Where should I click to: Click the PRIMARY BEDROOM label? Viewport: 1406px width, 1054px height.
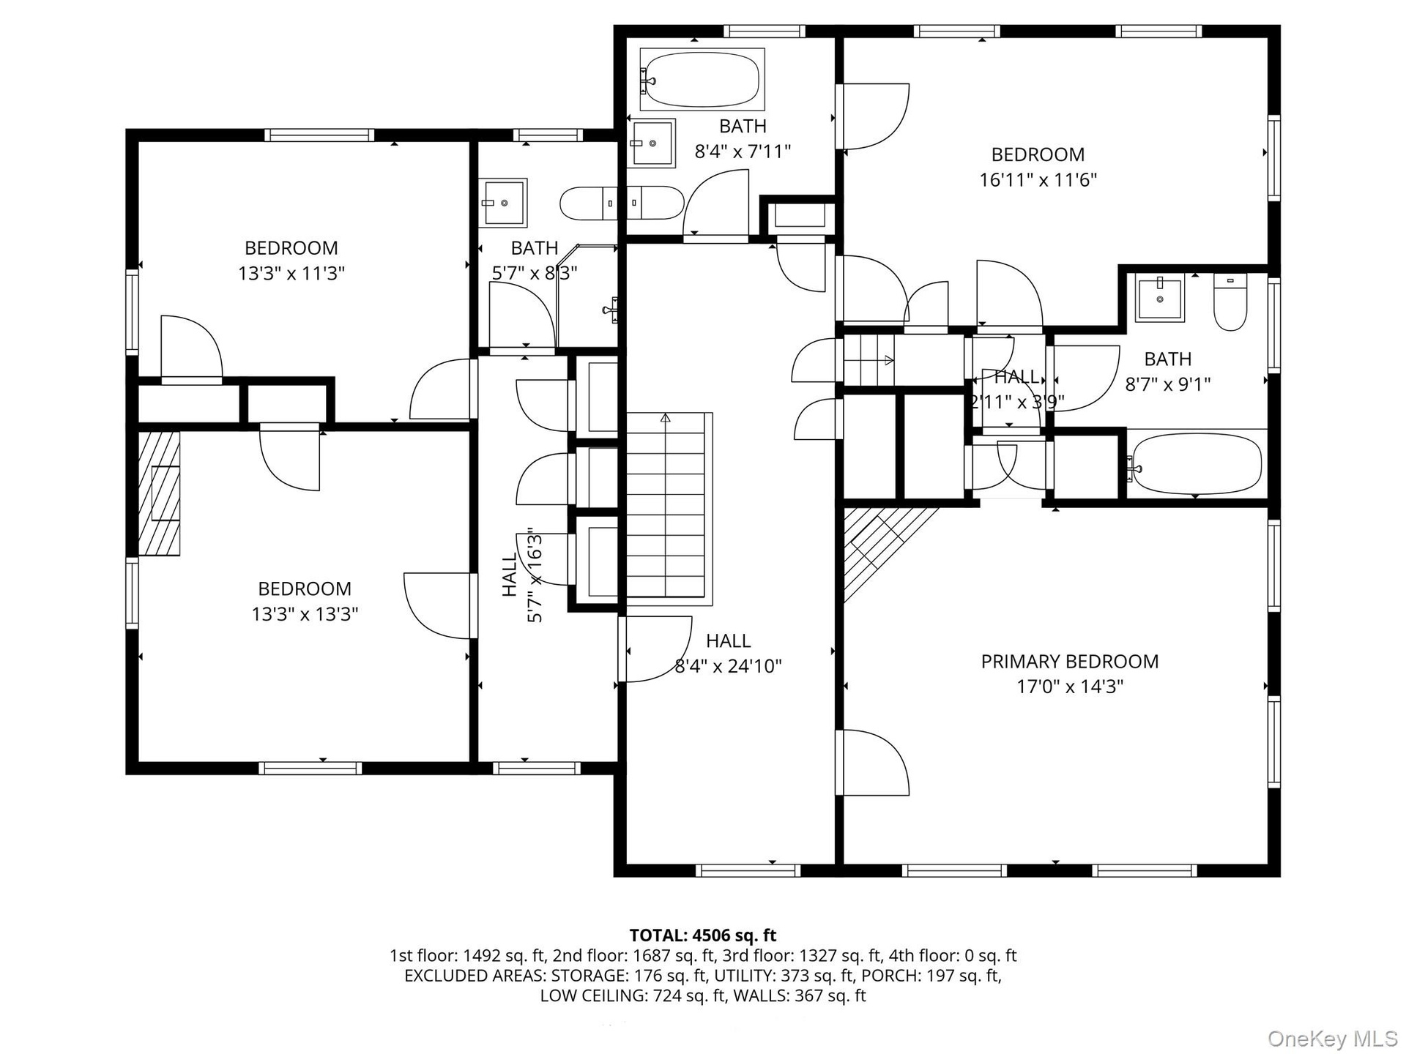tap(1070, 662)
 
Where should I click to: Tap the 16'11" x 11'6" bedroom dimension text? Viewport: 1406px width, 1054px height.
tap(1038, 180)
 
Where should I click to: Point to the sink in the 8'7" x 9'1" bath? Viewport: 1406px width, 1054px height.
tap(1159, 298)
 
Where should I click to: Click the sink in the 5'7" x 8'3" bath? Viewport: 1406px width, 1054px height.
tap(503, 202)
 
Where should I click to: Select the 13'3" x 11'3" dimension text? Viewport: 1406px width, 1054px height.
tap(291, 274)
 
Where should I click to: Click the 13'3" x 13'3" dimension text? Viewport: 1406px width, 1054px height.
tap(305, 614)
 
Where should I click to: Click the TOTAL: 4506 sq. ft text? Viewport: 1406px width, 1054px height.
tap(703, 935)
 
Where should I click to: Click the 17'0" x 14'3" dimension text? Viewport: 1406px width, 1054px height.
tap(1070, 687)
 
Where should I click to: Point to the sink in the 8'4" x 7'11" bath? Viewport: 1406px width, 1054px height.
tap(652, 143)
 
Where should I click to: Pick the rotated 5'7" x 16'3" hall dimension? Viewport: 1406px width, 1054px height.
tap(535, 575)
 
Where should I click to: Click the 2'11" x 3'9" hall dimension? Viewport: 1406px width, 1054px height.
tap(1016, 402)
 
